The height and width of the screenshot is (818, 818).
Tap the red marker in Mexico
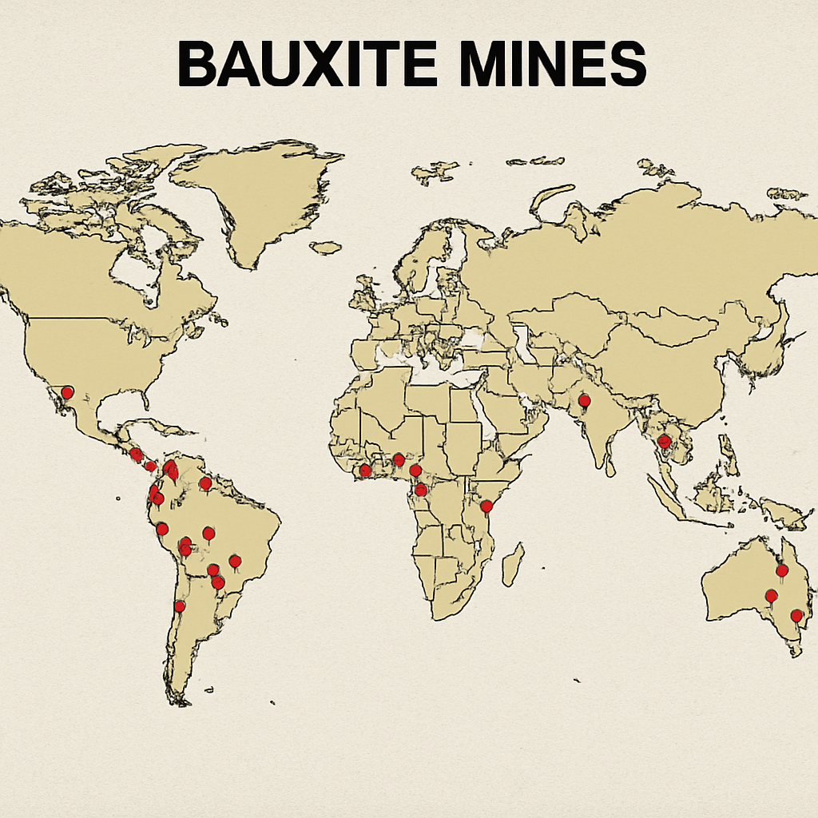[x=67, y=392]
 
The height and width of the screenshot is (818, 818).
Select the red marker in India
[x=584, y=400]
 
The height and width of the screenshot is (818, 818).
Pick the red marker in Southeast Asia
[x=663, y=441]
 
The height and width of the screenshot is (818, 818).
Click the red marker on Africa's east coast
[x=486, y=506]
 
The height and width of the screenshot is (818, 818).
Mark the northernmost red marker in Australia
[x=782, y=570]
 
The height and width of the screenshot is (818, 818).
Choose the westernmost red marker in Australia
[x=771, y=596]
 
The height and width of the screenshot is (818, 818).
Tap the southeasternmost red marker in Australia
[x=796, y=616]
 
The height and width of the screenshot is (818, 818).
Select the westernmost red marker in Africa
[x=365, y=470]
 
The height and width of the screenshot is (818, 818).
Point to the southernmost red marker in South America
[x=180, y=606]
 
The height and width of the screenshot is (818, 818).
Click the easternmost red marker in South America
[x=235, y=561]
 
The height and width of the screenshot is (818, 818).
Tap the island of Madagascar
[x=512, y=564]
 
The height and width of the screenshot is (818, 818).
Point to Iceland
[x=326, y=248]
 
